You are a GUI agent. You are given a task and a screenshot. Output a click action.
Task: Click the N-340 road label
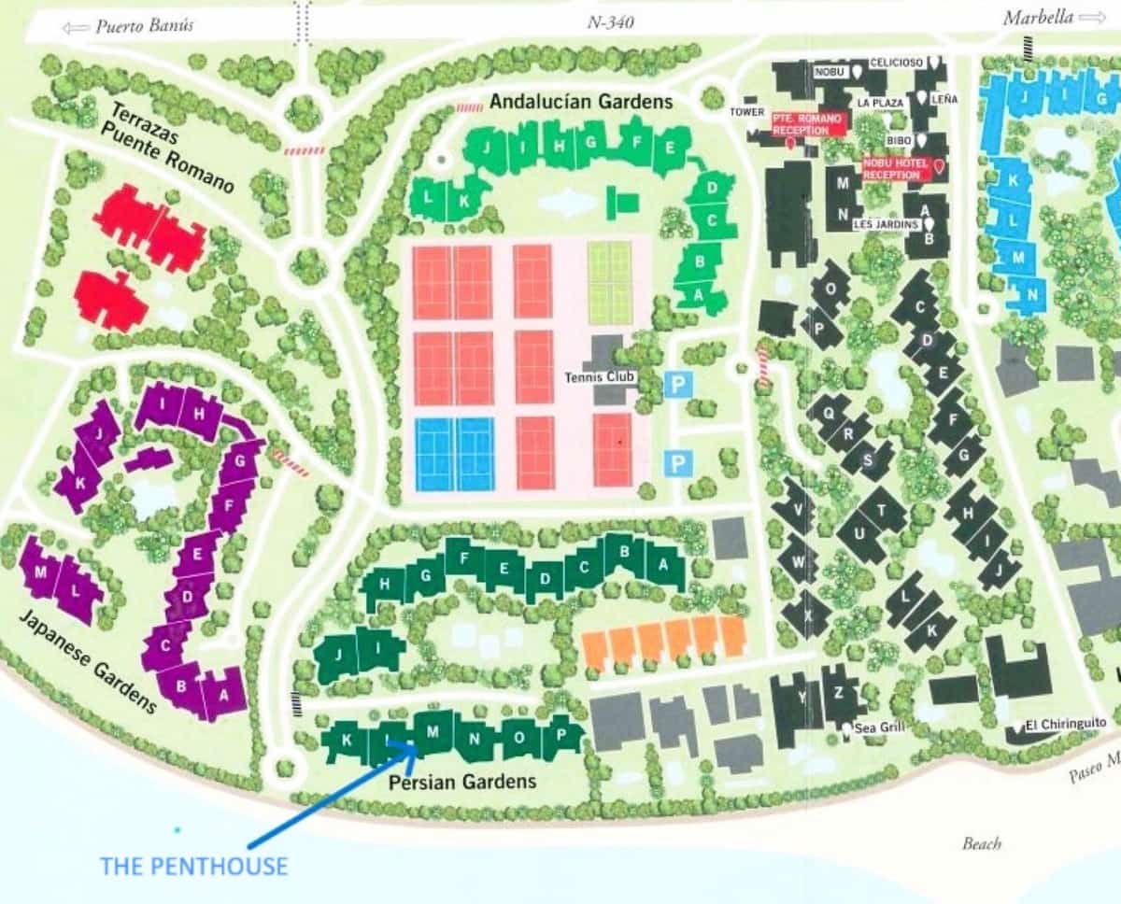(x=611, y=22)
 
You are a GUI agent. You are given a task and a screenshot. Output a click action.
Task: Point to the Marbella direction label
(x=1038, y=18)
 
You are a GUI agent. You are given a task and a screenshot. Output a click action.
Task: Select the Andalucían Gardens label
(x=580, y=102)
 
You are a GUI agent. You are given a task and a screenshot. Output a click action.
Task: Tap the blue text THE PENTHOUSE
(x=193, y=866)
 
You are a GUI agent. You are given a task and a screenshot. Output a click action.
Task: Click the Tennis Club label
(x=600, y=377)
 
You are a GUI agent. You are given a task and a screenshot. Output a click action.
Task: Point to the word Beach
(x=982, y=843)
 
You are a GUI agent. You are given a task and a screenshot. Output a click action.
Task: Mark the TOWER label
(x=747, y=111)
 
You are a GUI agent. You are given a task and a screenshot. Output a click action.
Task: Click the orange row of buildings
(x=664, y=641)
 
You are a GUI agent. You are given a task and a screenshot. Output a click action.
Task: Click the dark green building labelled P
(x=561, y=734)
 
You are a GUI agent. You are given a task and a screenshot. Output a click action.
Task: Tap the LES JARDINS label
(x=886, y=224)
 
